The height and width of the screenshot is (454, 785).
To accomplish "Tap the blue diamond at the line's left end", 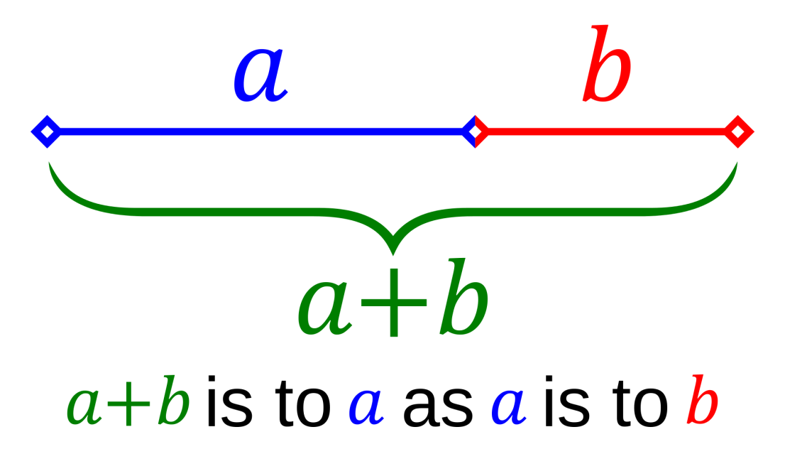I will (x=45, y=131).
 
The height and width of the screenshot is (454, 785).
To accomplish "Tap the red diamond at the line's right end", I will (x=738, y=131).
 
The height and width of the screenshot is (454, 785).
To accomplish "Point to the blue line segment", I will (x=256, y=131).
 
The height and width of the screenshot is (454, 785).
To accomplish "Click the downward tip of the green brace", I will (x=392, y=249).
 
